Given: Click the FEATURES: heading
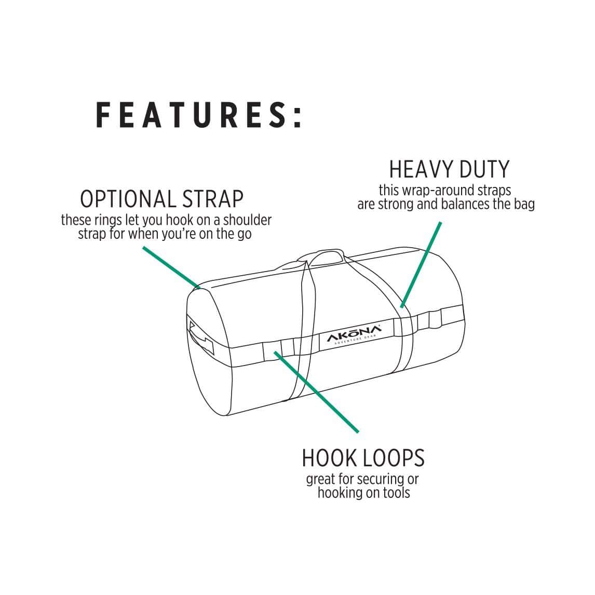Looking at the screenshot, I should click(x=199, y=115).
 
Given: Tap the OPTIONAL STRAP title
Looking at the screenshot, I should click(x=161, y=199).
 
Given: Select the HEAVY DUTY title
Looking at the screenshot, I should click(x=449, y=169).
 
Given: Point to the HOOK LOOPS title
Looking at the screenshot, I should click(x=363, y=458).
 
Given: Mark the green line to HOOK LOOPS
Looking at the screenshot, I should click(x=317, y=393).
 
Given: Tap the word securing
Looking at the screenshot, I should click(x=375, y=479).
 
